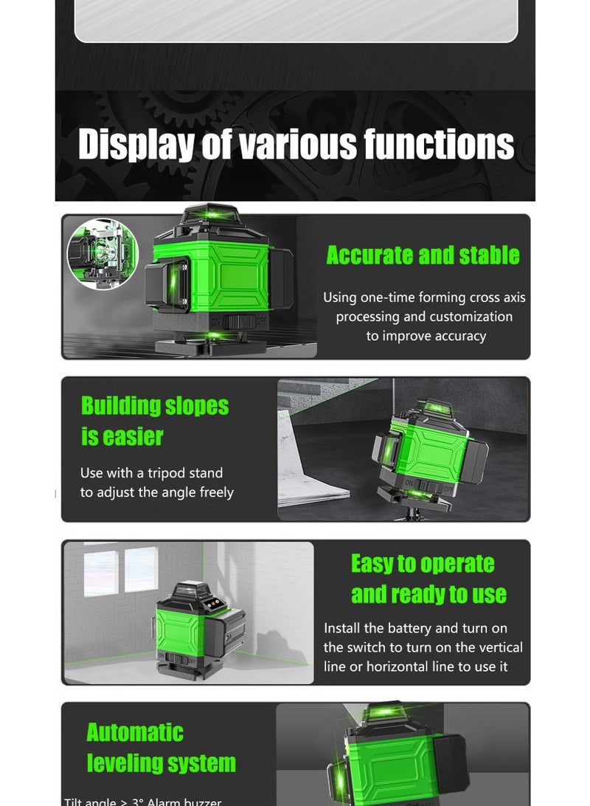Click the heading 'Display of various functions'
coord(296,144)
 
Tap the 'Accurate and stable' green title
coord(423,255)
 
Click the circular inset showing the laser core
coord(103,253)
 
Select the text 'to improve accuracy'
coord(426,336)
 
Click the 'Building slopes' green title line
coord(155,406)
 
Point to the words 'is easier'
coord(122,436)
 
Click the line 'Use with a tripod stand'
coord(151,473)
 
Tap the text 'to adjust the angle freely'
coord(156,492)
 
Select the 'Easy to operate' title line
coord(423,564)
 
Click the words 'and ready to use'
coord(428,594)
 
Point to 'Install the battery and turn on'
coord(415,628)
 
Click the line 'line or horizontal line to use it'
coord(415,666)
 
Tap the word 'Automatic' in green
coord(135,732)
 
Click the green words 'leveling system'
coord(161,762)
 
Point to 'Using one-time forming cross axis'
coord(424,297)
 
